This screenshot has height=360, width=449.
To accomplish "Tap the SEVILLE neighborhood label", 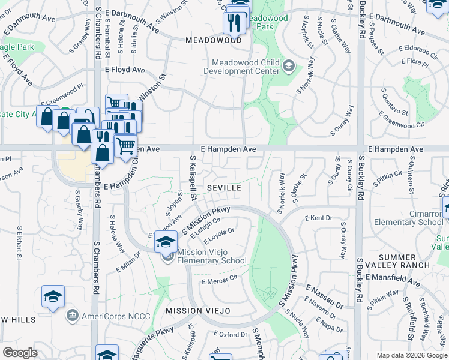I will coord(224,188).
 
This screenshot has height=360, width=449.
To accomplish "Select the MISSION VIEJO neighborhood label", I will coord(197,310).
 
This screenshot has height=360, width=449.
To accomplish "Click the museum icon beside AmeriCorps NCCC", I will coord(73,315).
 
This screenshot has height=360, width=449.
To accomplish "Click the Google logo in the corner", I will coord(20,353).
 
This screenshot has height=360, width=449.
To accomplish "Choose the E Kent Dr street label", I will coord(318,218).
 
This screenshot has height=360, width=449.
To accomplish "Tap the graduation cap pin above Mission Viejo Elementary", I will coord(166,242).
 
